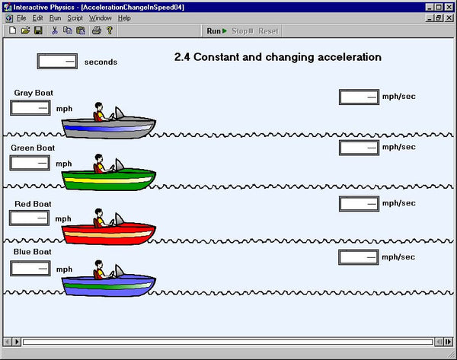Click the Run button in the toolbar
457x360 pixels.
[x=216, y=31]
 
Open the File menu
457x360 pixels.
[x=21, y=18]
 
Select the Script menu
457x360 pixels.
[x=75, y=18]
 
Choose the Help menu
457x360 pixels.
[x=124, y=18]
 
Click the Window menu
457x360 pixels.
[x=100, y=18]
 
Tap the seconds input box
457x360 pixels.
[x=57, y=61]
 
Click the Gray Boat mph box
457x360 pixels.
[x=30, y=108]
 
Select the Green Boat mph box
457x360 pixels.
[x=30, y=163]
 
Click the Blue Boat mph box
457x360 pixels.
[x=30, y=268]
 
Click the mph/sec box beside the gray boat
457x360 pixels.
[x=358, y=97]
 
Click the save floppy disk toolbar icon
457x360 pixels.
[x=38, y=31]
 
